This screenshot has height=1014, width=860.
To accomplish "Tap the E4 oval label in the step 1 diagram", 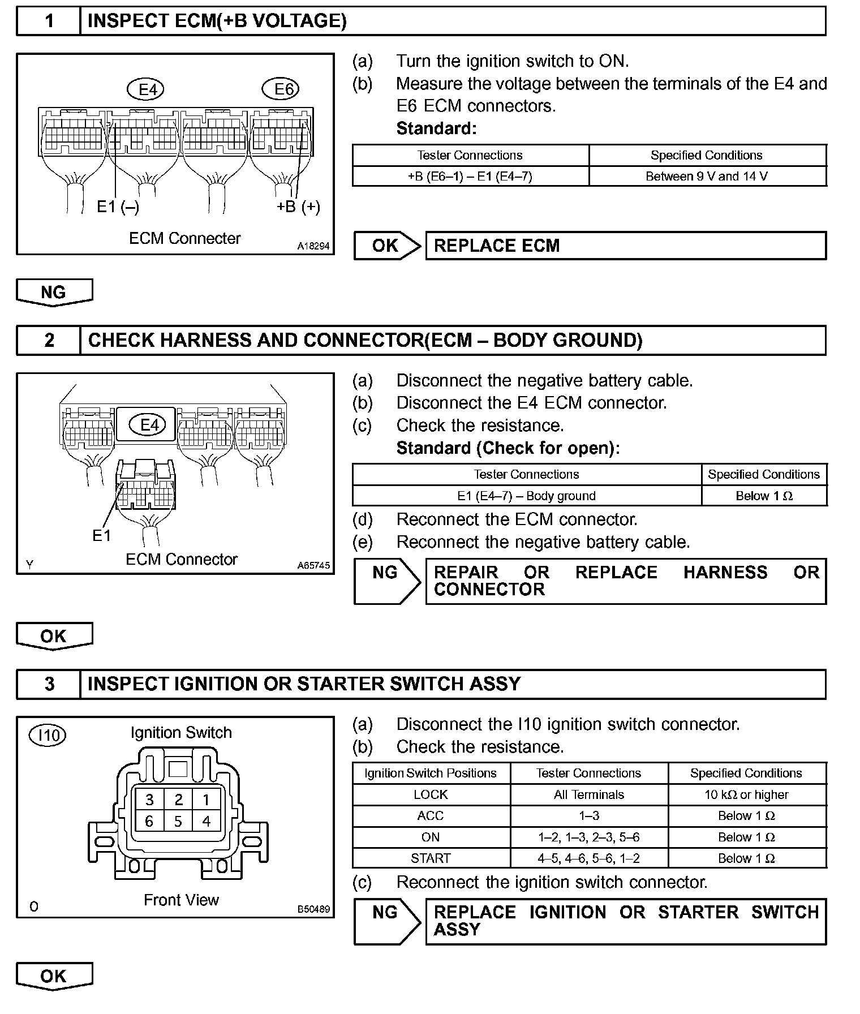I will tap(147, 89).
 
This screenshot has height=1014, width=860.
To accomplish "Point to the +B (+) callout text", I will tap(298, 207).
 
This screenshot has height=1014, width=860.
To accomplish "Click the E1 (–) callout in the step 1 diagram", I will tap(118, 207).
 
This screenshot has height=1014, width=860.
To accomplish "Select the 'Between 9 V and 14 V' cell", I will tap(707, 177).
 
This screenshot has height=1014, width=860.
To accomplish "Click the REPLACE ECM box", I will tap(625, 246).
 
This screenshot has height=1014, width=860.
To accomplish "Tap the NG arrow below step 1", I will tap(54, 293).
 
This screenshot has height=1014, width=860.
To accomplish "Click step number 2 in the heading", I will tap(49, 340).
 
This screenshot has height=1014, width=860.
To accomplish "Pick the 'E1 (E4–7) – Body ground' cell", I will tap(526, 496).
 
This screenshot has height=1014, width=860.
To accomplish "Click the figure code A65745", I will tap(313, 565).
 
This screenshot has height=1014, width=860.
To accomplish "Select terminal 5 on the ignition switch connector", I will tap(178, 822).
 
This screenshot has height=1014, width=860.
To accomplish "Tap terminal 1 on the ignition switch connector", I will tap(206, 800).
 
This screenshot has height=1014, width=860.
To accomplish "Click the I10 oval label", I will tap(48, 735).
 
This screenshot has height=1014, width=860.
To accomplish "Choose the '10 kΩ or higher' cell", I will tap(746, 795).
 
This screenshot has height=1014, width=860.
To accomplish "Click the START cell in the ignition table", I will tap(431, 858).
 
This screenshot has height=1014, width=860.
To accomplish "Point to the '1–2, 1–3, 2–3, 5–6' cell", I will tap(588, 837).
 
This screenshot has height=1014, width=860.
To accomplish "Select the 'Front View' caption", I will tap(181, 900).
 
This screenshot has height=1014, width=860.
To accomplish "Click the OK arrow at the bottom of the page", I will tap(54, 976).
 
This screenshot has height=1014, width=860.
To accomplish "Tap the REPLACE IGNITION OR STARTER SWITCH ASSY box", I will tap(625, 921).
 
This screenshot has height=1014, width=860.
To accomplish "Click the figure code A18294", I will tap(313, 247).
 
